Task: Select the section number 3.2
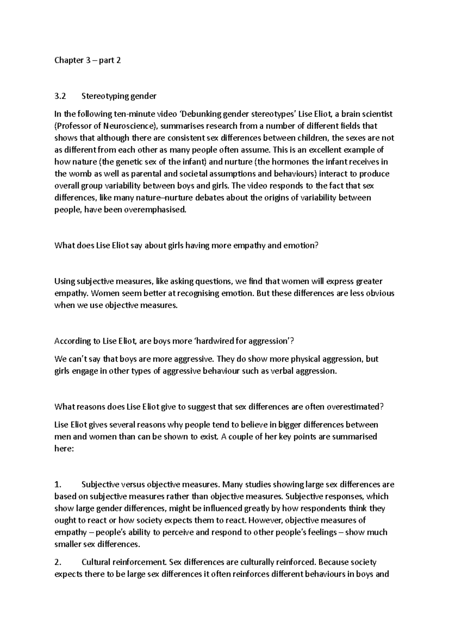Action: [60, 96]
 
